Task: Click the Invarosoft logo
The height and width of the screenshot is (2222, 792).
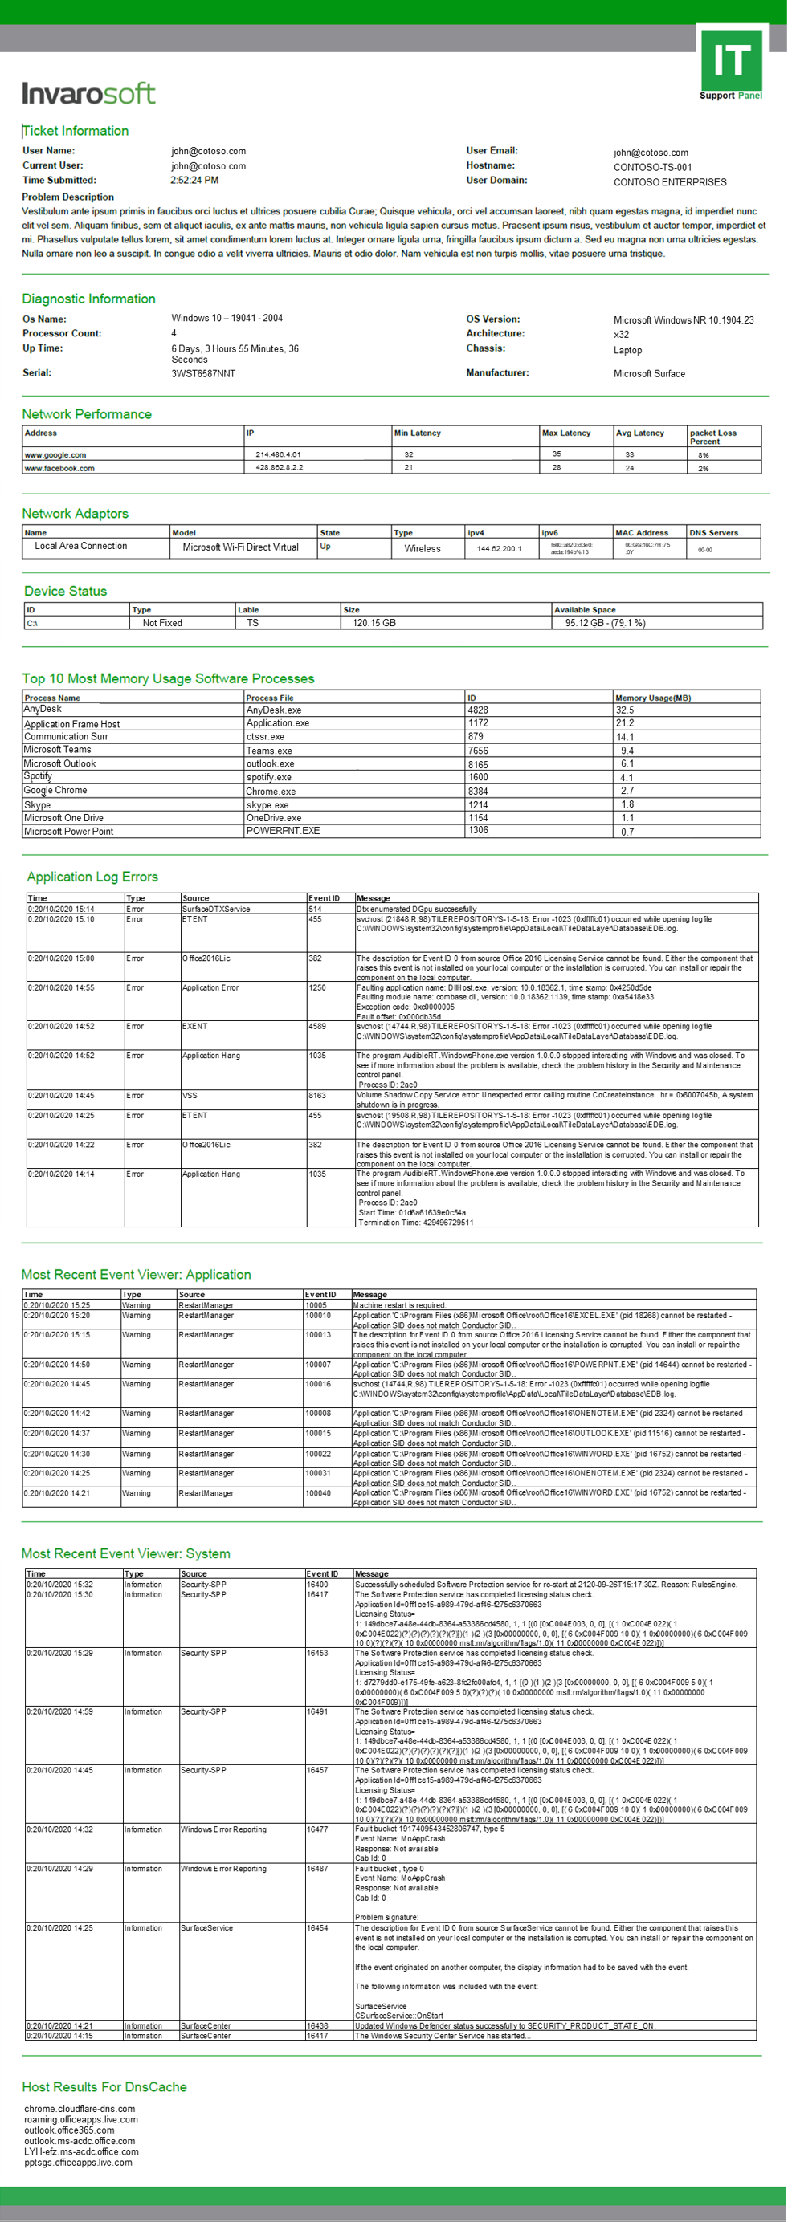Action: [89, 93]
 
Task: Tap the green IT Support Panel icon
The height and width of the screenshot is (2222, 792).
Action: [731, 66]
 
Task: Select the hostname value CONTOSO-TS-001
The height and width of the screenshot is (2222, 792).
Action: [652, 167]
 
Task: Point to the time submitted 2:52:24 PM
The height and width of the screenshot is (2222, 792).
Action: [194, 181]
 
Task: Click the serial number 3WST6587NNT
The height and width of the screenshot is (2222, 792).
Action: [202, 373]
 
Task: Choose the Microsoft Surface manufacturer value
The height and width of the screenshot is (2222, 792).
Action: [649, 373]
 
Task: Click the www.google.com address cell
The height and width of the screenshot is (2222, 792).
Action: [55, 454]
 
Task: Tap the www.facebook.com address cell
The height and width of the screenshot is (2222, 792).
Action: [59, 468]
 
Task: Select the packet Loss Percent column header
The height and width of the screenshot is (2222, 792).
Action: [712, 437]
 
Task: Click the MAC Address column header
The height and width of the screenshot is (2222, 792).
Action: [641, 532]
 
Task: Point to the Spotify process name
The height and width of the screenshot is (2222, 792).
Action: [37, 776]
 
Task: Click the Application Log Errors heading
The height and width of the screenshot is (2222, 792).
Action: [92, 877]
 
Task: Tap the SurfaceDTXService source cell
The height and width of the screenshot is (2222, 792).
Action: [216, 910]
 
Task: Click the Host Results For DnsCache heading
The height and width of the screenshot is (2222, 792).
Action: [104, 2086]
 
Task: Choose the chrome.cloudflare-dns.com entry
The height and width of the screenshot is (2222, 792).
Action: [80, 2109]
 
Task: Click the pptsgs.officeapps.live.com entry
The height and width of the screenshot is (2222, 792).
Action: [78, 2163]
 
